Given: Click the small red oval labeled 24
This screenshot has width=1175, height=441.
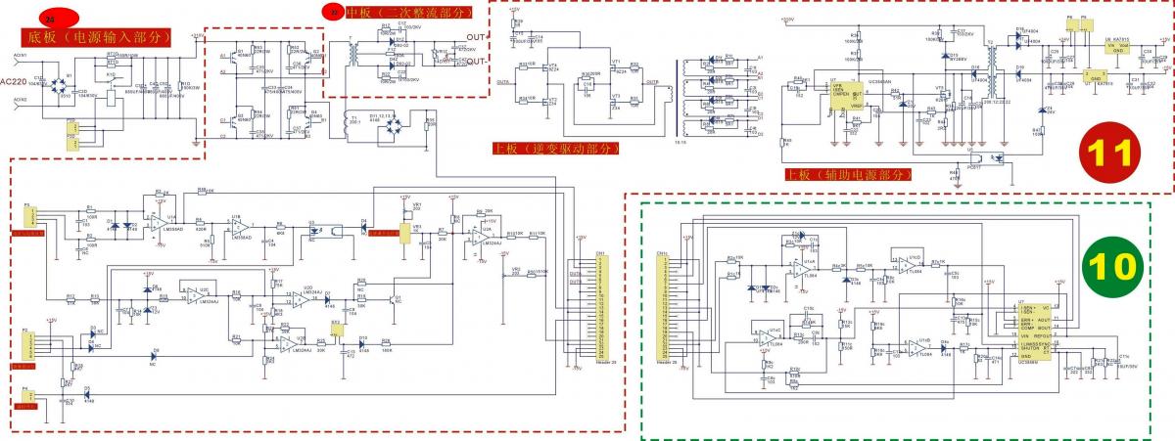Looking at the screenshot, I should pos(51,19).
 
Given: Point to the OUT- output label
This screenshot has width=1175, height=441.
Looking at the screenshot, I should pos(477,61).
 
